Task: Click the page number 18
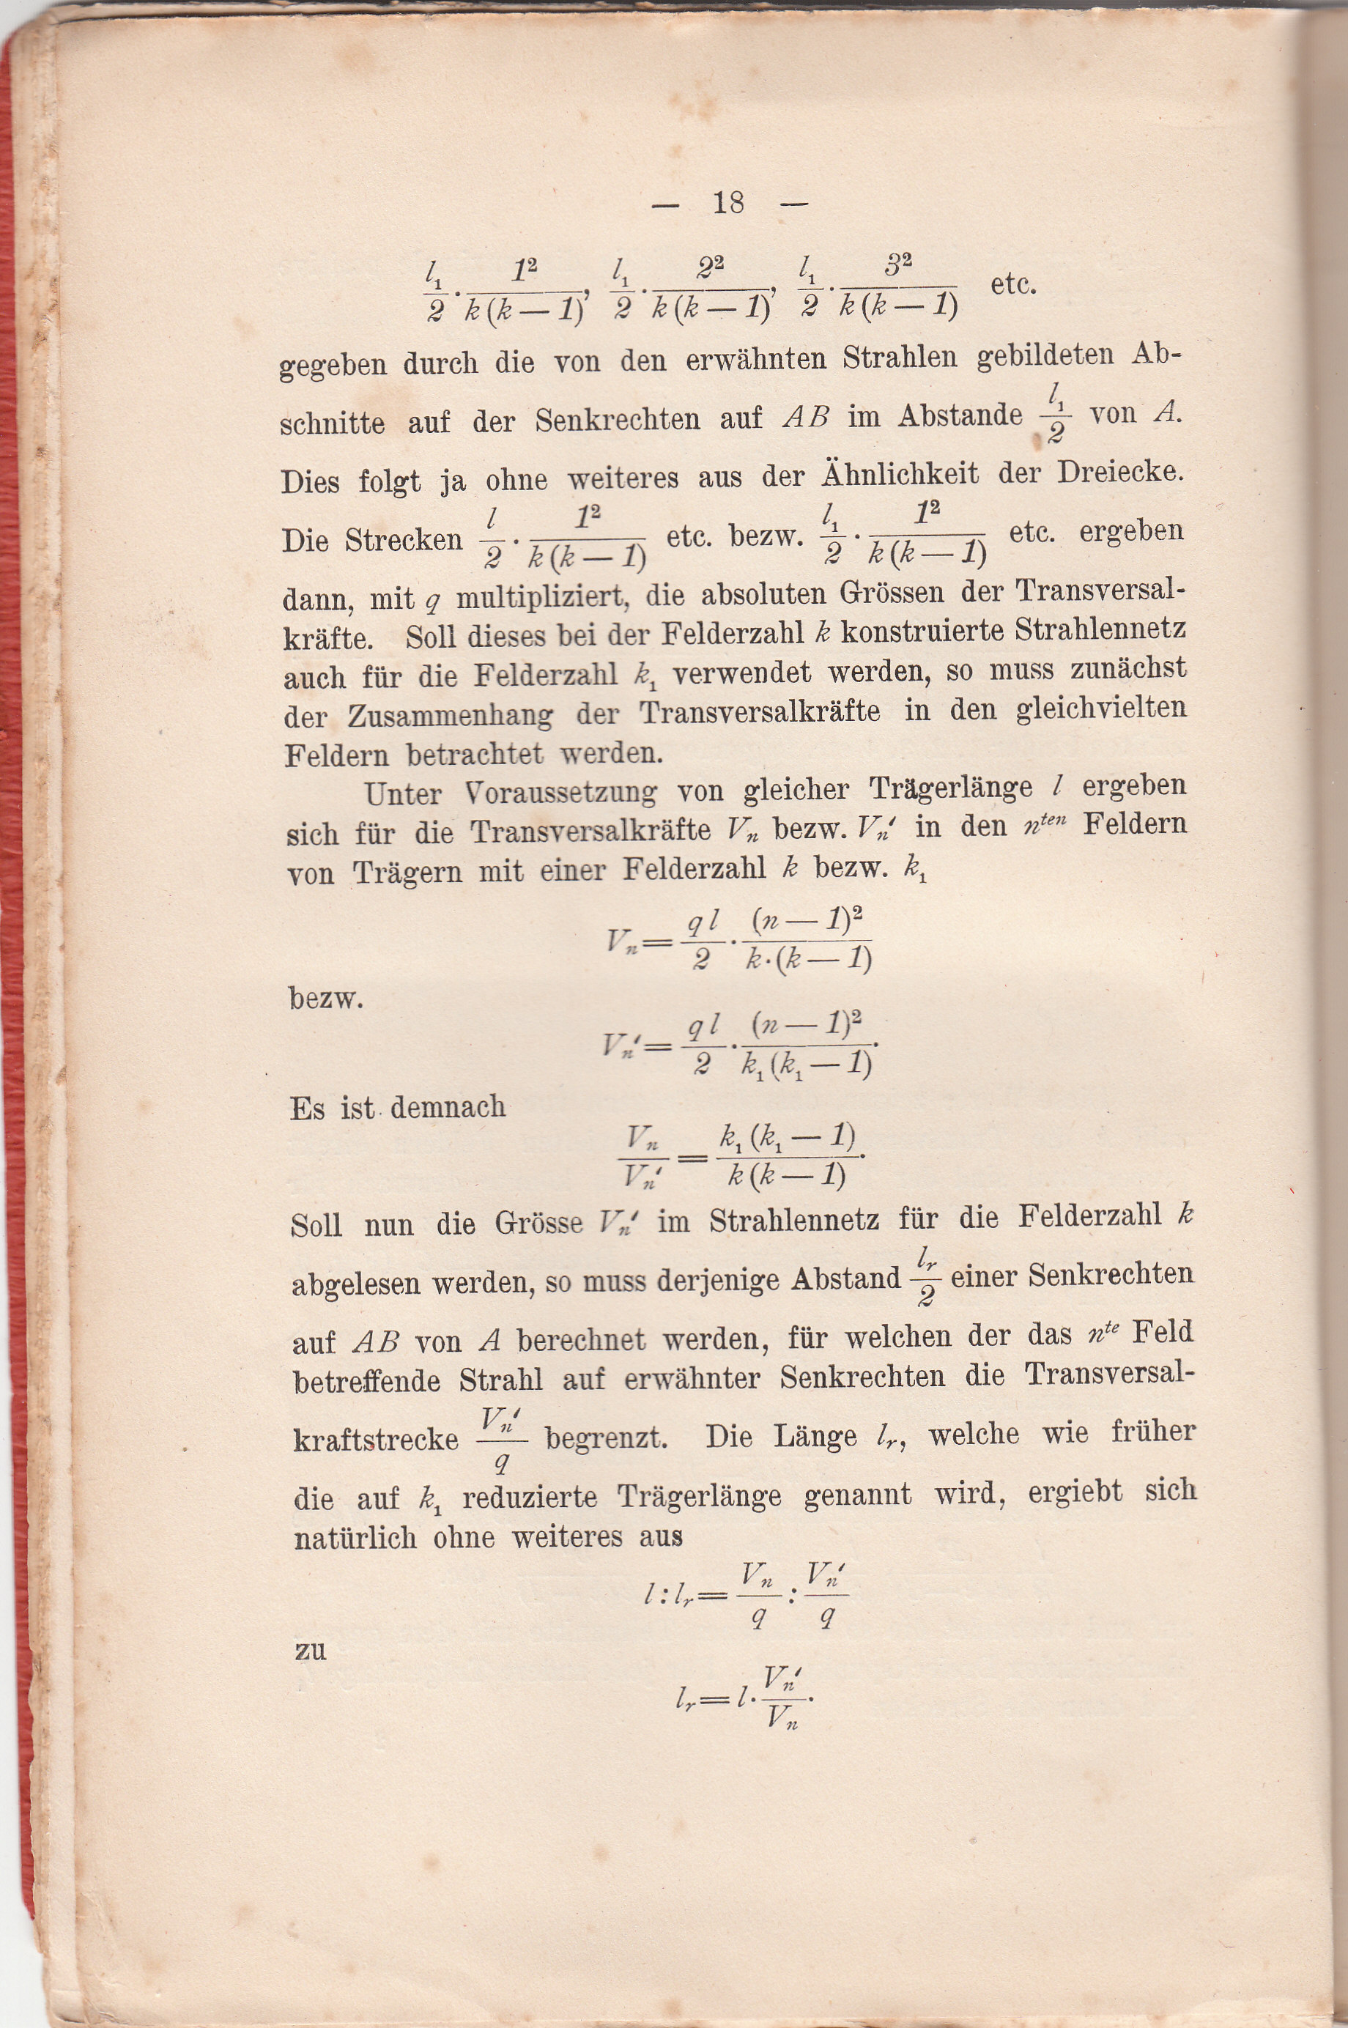728,203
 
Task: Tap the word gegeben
333,366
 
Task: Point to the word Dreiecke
1119,472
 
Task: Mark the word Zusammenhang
451,714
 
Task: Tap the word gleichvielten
1100,708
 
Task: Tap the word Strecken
404,541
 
